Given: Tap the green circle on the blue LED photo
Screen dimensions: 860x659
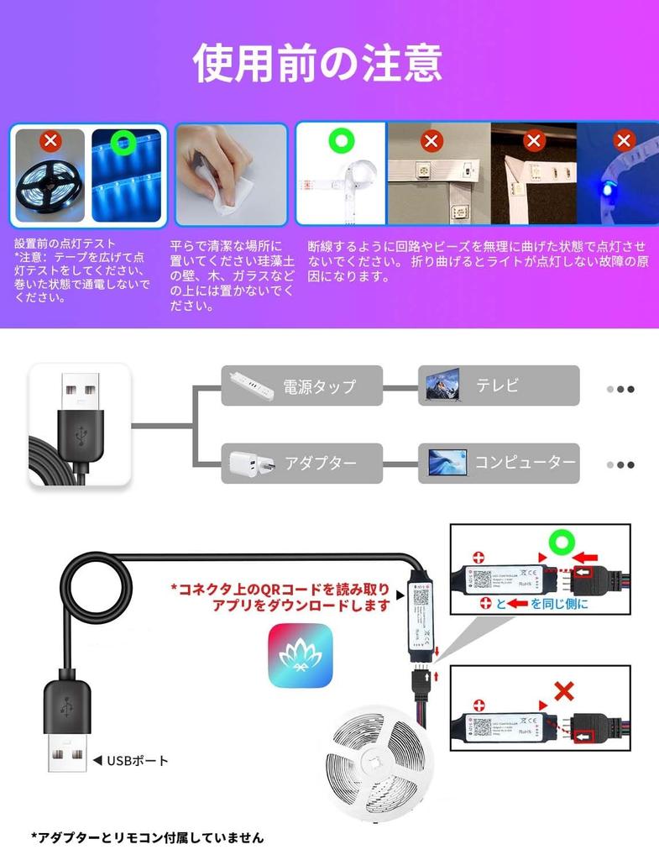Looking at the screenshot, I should (125, 144).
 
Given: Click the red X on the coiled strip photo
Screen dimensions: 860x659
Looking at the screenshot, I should (51, 140).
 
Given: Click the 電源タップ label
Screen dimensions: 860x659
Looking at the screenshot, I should (319, 386).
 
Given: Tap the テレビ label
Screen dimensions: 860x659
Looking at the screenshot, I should (498, 385).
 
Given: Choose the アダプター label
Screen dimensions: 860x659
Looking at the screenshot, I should (320, 463).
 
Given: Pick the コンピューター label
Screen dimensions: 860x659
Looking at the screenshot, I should (526, 462).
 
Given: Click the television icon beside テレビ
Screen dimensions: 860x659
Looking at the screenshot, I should (442, 385).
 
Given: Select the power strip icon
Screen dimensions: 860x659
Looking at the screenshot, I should (249, 386).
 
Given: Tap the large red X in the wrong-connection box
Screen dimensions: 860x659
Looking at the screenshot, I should (564, 692).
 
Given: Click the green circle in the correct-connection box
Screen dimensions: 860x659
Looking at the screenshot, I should (560, 544).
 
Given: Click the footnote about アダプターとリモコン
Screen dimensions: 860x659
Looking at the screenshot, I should (148, 837).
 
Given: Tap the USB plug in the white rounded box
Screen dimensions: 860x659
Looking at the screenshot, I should (80, 424).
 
